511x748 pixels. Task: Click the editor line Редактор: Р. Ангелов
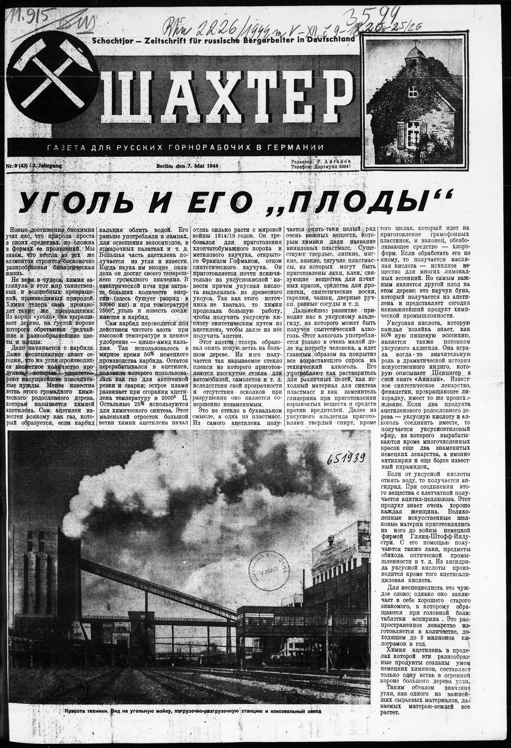pyautogui.click(x=321, y=162)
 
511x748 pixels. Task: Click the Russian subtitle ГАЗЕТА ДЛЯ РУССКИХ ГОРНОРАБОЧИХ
pyautogui.click(x=182, y=148)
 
